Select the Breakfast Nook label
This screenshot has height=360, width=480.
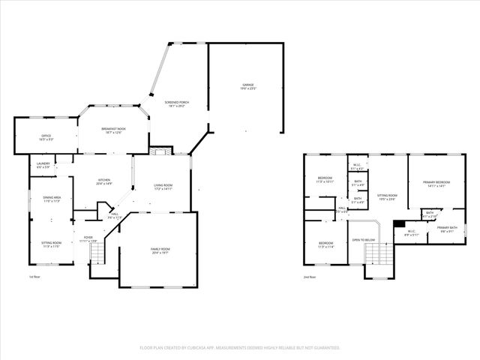point(114,130)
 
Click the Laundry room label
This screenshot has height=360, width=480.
point(42,164)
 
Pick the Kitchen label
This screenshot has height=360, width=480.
point(103,181)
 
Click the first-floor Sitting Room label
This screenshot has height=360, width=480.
point(51,244)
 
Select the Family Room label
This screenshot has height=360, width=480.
point(160,250)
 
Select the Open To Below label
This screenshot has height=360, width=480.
point(363,240)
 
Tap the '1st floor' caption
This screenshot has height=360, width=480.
point(34,277)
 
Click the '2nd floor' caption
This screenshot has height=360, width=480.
point(310,277)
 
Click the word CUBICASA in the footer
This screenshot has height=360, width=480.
point(199,348)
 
